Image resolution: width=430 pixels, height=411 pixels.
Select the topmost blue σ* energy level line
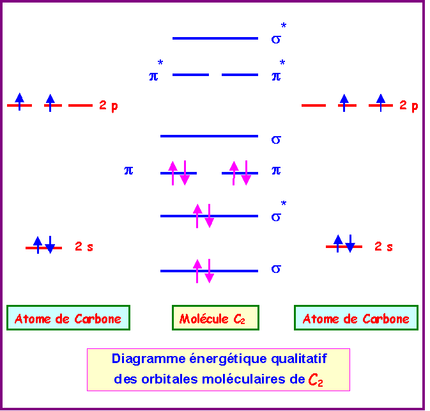pyautogui.click(x=215, y=38)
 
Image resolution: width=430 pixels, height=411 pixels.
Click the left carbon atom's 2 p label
pyautogui.click(x=108, y=106)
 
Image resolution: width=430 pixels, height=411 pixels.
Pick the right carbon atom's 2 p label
pyautogui.click(x=409, y=106)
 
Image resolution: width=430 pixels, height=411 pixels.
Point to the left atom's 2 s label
pyautogui.click(x=84, y=247)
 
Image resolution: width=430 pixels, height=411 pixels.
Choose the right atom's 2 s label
pyautogui.click(x=383, y=247)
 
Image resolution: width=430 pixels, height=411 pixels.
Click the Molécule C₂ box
pyautogui.click(x=215, y=318)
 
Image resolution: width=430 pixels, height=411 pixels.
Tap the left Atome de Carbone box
pyautogui.click(x=68, y=318)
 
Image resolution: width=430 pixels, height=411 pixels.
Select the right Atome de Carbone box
pyautogui.click(x=356, y=318)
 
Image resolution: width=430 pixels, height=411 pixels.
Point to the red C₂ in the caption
pyautogui.click(x=315, y=380)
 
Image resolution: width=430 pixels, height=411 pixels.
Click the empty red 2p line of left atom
pyautogui.click(x=81, y=105)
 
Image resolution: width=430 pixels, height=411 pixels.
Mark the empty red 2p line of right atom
pyautogui.click(x=313, y=105)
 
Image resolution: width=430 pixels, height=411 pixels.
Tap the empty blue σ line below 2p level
pyautogui.click(x=209, y=136)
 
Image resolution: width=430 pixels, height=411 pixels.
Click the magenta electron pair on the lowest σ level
pyautogui.click(x=204, y=271)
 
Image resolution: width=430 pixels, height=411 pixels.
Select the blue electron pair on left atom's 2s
pyautogui.click(x=43, y=245)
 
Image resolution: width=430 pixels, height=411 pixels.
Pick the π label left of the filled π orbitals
pyautogui.click(x=128, y=171)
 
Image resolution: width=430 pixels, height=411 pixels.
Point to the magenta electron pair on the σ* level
pyautogui.click(x=204, y=216)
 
